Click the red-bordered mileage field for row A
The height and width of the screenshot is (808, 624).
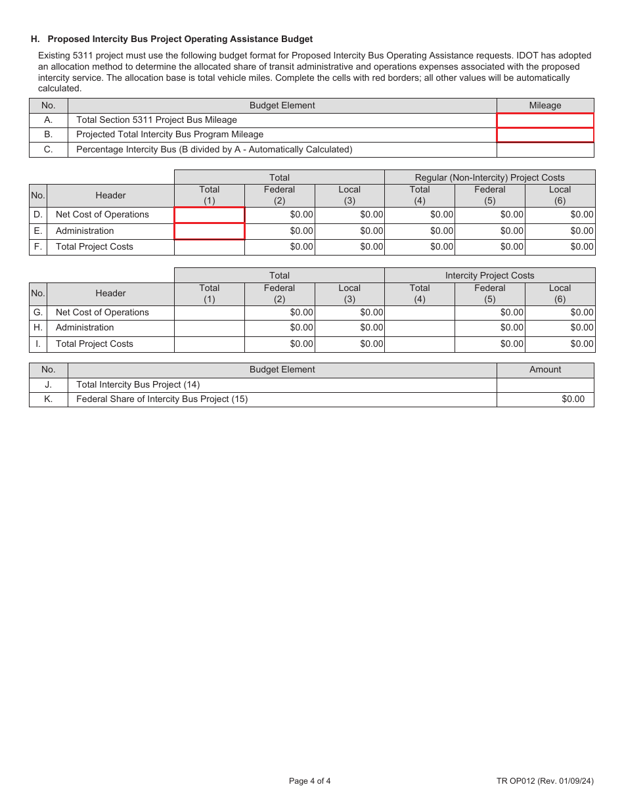click(545, 120)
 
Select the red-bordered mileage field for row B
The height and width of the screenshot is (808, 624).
click(545, 135)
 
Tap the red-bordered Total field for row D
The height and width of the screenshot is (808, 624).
click(210, 215)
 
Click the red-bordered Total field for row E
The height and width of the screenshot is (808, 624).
click(210, 231)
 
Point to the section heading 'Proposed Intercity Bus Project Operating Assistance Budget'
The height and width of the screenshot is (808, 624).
click(180, 39)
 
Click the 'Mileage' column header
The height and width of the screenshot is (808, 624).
click(545, 105)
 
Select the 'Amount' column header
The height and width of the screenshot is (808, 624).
click(545, 370)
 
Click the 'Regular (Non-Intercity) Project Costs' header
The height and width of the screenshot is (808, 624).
click(489, 177)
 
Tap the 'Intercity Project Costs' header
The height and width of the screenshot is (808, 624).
click(489, 275)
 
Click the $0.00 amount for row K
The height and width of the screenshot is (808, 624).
click(573, 399)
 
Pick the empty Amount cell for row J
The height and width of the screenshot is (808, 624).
click(545, 385)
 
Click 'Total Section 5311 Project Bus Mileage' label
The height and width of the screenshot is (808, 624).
click(156, 120)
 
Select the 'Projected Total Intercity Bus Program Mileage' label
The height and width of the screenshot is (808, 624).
click(169, 135)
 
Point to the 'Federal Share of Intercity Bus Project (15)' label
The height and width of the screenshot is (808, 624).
click(162, 399)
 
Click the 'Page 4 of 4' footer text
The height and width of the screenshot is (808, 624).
click(309, 781)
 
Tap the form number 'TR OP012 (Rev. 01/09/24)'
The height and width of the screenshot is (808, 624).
click(545, 781)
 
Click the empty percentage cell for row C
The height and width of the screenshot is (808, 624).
click(545, 150)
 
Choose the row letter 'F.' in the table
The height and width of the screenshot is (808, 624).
click(38, 247)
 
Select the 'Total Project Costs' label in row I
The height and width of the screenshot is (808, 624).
click(94, 344)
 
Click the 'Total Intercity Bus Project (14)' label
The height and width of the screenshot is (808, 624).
click(138, 385)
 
